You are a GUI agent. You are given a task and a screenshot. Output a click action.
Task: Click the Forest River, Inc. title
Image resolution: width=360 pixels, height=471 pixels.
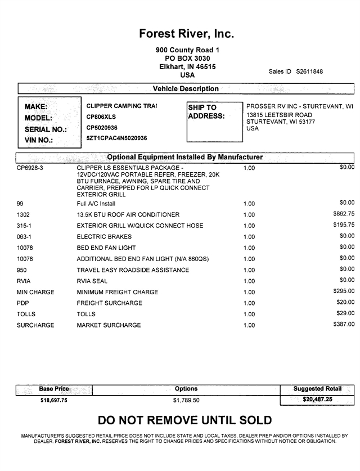[x=186, y=34]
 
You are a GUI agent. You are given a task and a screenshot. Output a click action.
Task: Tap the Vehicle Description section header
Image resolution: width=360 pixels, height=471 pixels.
[x=186, y=89]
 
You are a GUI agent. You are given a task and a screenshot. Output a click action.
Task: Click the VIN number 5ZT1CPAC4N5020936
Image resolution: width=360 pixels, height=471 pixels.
[x=116, y=138]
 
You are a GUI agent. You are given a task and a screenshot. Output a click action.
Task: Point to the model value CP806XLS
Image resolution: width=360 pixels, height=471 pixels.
[x=102, y=117]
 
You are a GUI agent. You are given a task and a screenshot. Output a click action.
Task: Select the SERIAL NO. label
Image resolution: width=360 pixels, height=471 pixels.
[x=46, y=129]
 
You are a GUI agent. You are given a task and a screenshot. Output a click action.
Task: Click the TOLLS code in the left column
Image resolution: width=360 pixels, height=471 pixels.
[x=27, y=315]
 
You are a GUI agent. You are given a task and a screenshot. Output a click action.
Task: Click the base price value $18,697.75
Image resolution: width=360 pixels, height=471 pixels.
[x=54, y=400]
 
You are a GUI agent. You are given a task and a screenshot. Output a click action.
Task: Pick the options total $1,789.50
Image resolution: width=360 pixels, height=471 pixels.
[x=186, y=400]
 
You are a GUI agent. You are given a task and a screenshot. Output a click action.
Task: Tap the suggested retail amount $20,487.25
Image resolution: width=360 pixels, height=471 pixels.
[x=317, y=399]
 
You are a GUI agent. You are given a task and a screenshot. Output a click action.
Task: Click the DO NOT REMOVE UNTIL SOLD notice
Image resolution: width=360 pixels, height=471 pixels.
[x=184, y=420]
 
